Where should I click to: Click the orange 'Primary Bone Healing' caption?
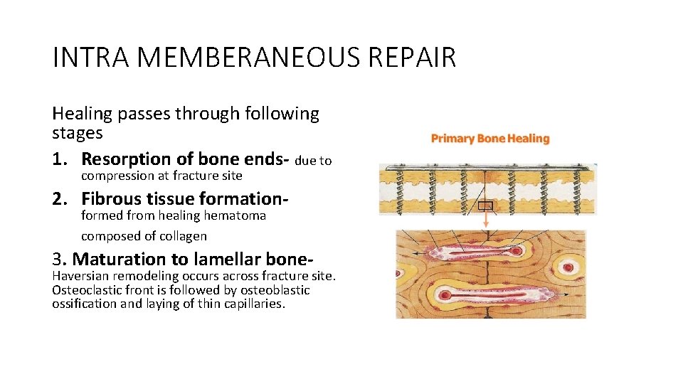490,139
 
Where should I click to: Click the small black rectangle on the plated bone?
485,206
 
